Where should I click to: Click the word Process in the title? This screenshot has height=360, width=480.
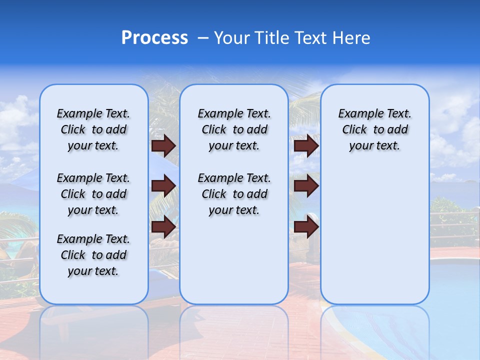click(x=154, y=38)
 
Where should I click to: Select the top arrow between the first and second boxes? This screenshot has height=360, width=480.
click(x=163, y=146)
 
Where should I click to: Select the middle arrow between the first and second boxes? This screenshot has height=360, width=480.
click(x=163, y=186)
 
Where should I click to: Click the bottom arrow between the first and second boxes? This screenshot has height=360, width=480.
click(x=163, y=226)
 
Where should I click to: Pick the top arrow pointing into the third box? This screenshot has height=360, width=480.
click(x=306, y=146)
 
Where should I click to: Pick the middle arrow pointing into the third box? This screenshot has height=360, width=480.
click(x=306, y=186)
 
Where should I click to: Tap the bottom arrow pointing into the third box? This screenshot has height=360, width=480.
click(x=306, y=226)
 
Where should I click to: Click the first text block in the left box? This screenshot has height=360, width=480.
click(x=93, y=129)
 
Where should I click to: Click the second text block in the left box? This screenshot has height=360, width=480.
click(x=93, y=194)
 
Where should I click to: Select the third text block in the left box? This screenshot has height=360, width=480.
click(x=93, y=255)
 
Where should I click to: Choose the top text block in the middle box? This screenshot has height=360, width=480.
click(x=234, y=129)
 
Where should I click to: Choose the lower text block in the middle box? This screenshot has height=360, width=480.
click(x=234, y=194)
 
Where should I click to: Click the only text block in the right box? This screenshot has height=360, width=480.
click(x=374, y=129)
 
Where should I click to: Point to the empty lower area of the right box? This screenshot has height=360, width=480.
click(x=374, y=235)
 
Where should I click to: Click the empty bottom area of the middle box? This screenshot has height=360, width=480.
click(x=234, y=265)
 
